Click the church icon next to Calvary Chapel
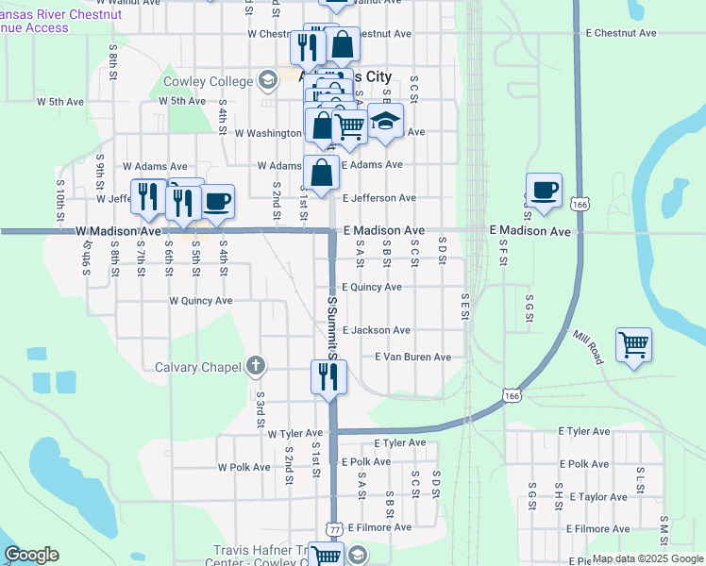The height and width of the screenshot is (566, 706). [255, 366]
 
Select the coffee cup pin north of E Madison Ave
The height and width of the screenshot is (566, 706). [544, 190]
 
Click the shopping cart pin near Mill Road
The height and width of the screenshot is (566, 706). [632, 343]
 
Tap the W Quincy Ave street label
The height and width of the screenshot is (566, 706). [200, 301]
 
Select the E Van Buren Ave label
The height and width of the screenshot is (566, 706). [412, 358]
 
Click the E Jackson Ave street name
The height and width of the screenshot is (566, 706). [376, 330]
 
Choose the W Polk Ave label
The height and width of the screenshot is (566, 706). [244, 467]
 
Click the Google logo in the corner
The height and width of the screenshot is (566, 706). [31, 555]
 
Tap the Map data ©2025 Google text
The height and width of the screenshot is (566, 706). [647, 558]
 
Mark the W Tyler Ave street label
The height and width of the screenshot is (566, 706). [294, 434]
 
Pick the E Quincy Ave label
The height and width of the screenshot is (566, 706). [371, 287]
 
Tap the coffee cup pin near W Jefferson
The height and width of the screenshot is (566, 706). [217, 200]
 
